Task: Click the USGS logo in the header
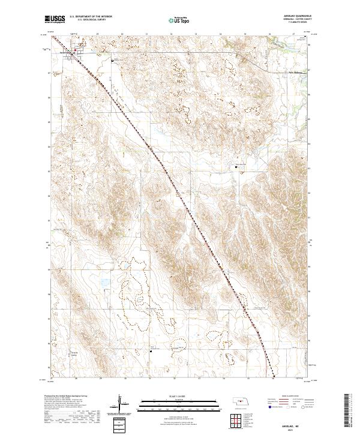(54, 20)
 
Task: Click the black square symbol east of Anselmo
(112, 61)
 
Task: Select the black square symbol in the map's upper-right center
(236, 167)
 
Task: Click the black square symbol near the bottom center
(151, 352)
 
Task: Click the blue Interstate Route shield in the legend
(267, 406)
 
